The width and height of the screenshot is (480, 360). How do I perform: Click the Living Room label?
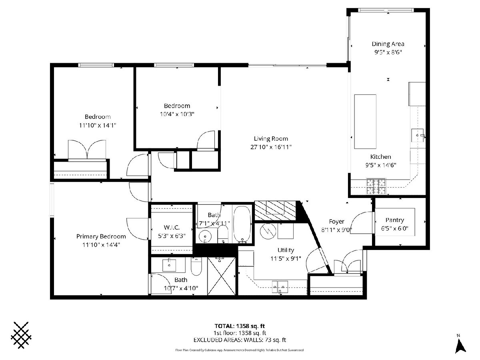click(x=271, y=138)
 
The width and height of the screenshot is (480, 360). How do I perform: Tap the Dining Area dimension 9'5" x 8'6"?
click(x=388, y=52)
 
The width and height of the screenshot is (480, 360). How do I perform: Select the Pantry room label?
click(x=395, y=220)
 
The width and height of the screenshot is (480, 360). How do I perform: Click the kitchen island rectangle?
click(x=365, y=122)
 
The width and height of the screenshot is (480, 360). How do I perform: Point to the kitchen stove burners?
click(x=376, y=186)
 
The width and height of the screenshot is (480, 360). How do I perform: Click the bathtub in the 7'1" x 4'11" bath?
click(x=242, y=224)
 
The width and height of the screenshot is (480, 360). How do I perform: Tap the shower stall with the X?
click(x=222, y=276)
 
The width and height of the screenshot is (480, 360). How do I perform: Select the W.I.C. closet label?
click(x=172, y=228)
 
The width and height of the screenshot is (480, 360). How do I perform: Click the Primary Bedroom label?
click(x=101, y=236)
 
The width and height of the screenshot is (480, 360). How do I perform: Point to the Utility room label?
click(x=286, y=250)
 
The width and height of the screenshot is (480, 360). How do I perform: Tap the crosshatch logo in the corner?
click(x=21, y=332)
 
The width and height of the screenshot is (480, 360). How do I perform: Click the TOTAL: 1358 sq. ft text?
click(x=240, y=326)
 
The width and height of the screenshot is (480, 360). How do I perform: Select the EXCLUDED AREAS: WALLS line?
click(x=240, y=340)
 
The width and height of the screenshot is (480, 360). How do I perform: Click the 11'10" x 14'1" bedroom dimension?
click(x=98, y=125)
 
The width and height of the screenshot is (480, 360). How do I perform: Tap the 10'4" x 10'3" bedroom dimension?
click(x=177, y=114)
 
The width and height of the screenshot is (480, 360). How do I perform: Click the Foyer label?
click(x=336, y=222)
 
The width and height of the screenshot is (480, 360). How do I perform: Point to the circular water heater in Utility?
click(x=268, y=231)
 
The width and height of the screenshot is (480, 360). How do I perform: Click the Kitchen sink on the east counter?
click(x=418, y=136)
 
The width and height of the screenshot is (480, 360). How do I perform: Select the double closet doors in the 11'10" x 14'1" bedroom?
click(x=87, y=150)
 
